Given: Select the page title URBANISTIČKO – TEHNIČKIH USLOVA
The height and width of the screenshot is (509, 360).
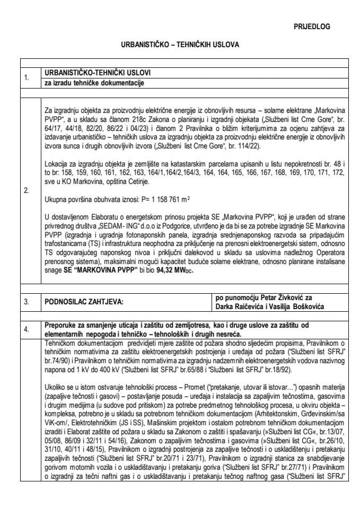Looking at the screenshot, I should pyautogui.click(x=180, y=45).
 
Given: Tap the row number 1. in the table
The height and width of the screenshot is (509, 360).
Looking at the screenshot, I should pyautogui.click(x=27, y=78).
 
